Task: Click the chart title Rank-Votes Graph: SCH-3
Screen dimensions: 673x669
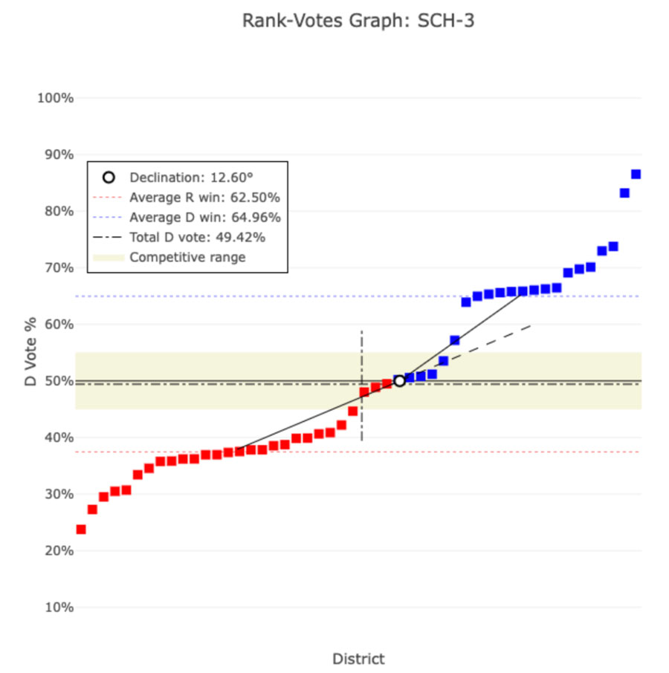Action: [358, 21]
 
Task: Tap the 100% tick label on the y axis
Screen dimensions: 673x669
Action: [56, 98]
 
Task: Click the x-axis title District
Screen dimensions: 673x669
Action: [358, 659]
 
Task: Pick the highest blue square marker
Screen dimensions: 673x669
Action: [636, 175]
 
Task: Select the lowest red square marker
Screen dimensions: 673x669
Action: [81, 530]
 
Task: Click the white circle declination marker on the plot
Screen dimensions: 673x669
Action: [399, 381]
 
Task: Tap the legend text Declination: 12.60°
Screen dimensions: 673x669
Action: [191, 178]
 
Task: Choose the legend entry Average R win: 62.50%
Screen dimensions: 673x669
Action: [204, 198]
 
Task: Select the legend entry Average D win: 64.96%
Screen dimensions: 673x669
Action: [204, 218]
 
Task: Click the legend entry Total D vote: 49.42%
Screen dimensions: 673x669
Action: [197, 238]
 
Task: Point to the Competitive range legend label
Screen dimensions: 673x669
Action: [187, 258]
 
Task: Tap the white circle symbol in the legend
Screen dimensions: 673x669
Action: [109, 178]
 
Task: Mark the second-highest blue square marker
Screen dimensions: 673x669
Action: [624, 193]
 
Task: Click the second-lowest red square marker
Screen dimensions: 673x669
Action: [92, 510]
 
